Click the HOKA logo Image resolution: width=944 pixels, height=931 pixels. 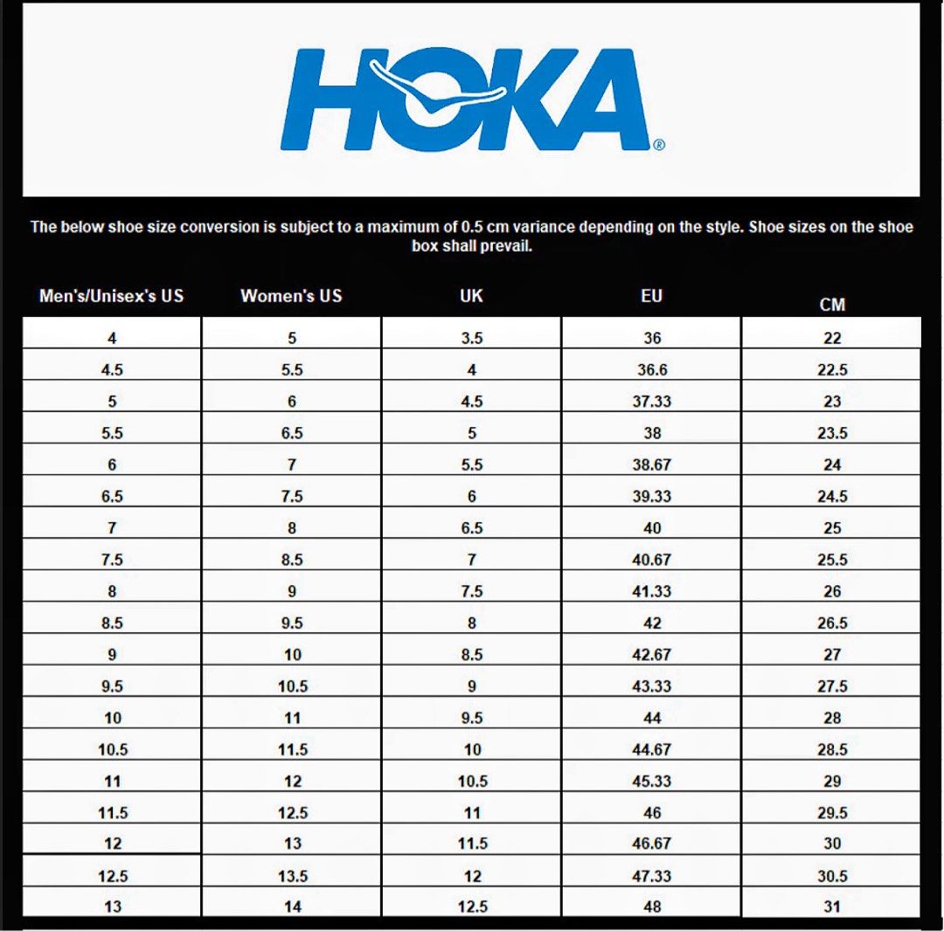pos(472,99)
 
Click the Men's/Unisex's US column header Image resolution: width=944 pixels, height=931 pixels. pos(111,296)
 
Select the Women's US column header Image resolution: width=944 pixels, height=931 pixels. pos(291,296)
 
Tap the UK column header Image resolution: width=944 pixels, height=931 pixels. pos(471,296)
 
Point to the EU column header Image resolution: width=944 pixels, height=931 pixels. pos(651,296)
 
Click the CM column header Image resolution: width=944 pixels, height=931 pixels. pos(832,305)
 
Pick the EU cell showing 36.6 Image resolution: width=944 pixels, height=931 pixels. pos(652,370)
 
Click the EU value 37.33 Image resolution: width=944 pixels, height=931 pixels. pos(652,402)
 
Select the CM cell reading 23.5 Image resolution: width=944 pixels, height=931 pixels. pos(832,433)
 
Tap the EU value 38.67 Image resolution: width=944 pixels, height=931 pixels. pos(652,465)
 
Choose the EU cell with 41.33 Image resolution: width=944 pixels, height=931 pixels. pos(652,591)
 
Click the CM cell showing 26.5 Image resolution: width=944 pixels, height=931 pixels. pos(832,624)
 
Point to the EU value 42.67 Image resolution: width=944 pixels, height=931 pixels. pos(652,655)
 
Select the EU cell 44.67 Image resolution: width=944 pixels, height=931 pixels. pos(652,749)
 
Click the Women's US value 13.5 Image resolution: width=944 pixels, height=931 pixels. pos(293,876)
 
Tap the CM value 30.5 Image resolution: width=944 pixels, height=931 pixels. pos(832,876)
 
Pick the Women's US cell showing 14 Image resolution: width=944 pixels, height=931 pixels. pos(293,907)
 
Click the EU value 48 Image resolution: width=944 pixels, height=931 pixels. pos(652,907)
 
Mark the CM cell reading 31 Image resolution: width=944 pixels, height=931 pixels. pos(832,907)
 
